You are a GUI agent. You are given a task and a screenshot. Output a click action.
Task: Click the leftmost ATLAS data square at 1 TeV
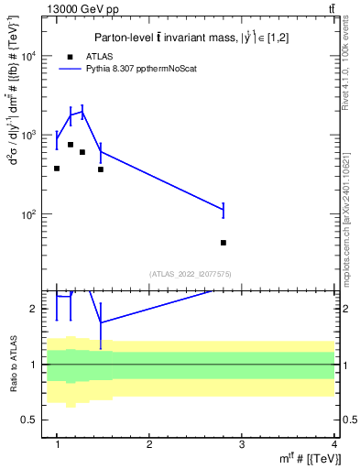(x=57, y=169)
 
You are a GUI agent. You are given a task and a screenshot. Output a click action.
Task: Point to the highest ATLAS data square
(x=71, y=145)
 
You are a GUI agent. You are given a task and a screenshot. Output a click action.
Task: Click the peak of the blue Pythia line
(x=82, y=112)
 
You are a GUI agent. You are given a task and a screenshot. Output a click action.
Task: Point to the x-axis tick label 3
(x=242, y=443)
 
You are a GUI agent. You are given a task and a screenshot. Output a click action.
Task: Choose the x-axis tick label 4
(x=334, y=443)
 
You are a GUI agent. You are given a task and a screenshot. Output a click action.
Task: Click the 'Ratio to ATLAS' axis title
(x=12, y=364)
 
